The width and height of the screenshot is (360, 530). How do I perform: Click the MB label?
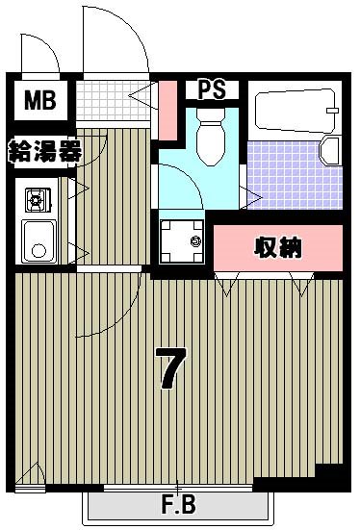pos(40,98)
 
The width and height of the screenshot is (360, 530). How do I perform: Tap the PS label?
pos(212,89)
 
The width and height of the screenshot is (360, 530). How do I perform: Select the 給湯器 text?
pos(42,151)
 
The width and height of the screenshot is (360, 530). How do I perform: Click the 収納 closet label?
pos(279,247)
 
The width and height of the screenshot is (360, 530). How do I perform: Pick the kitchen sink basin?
pos(39,240)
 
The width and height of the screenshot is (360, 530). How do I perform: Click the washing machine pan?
pos(182,241)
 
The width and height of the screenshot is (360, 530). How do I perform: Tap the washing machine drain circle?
pos(195,241)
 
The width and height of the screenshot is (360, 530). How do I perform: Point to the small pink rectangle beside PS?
pos(168,109)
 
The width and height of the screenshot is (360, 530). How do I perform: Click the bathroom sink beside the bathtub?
pos(330,151)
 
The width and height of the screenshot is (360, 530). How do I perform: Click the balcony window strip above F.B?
pos(178,490)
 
